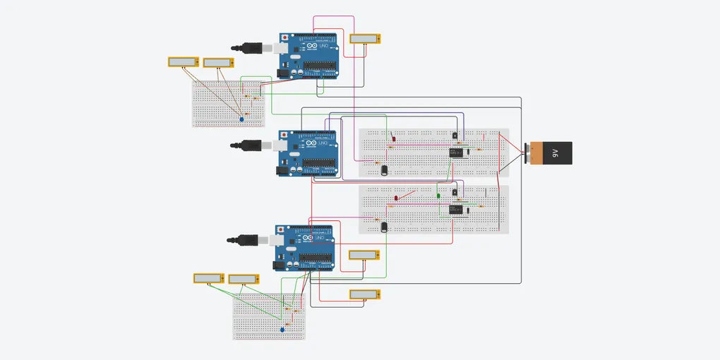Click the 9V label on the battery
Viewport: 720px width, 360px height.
555,152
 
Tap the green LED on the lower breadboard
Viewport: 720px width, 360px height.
438,195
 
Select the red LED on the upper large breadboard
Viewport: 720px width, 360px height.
393,138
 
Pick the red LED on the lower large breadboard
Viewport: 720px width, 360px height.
397,198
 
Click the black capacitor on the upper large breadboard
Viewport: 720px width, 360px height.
384,169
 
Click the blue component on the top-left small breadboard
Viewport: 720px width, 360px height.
241,120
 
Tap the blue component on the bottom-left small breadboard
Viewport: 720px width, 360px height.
282,329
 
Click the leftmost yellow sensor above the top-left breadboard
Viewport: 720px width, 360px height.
182,62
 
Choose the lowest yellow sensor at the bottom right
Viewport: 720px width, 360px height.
365,294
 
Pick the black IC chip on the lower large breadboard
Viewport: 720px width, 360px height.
455,209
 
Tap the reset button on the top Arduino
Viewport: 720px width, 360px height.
284,37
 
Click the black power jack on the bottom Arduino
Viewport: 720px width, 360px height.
282,265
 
